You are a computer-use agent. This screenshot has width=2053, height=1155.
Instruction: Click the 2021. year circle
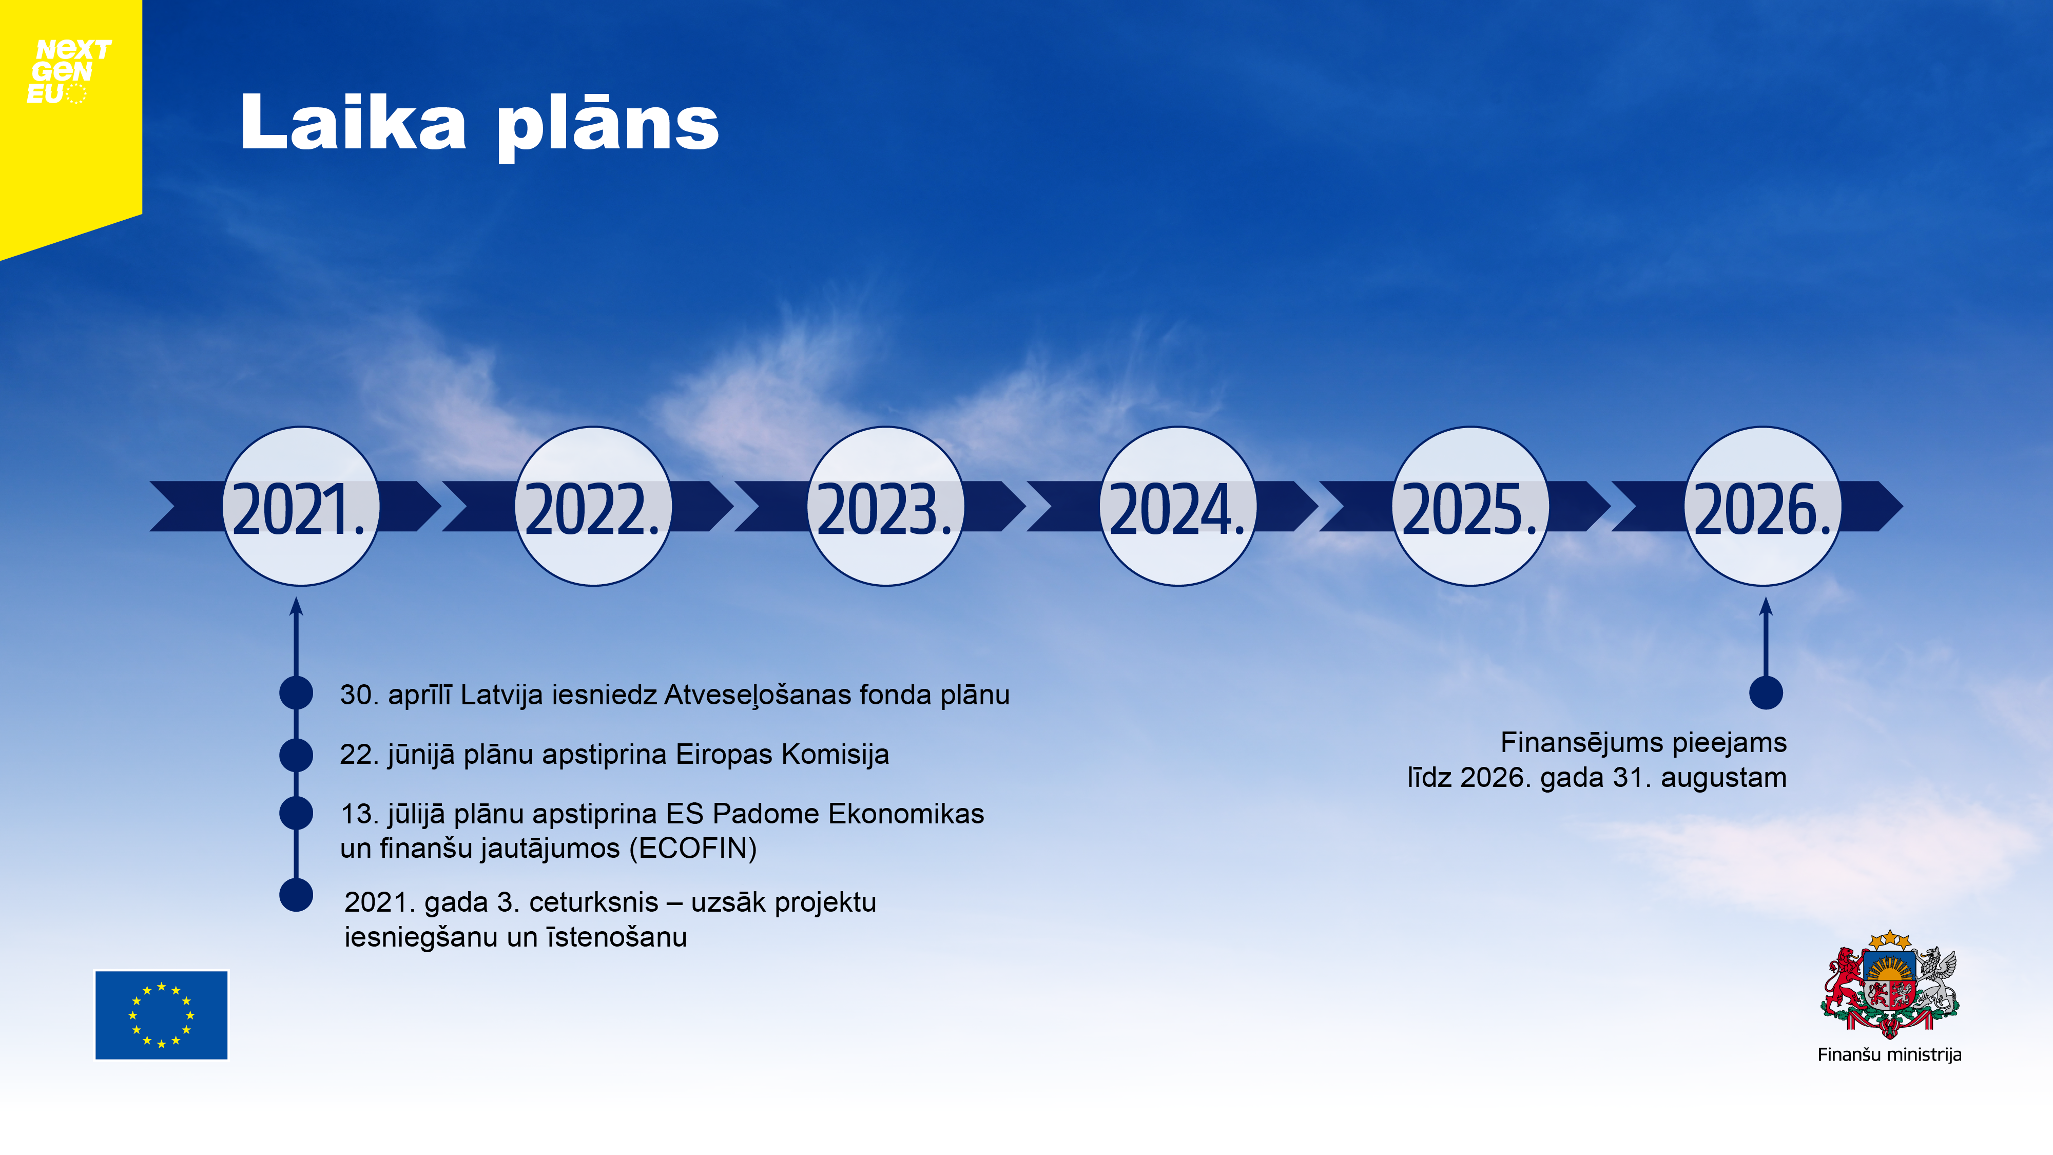click(x=300, y=506)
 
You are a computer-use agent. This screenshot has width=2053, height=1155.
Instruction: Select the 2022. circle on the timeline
click(x=593, y=506)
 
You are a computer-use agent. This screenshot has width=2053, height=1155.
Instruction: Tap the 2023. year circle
click(x=885, y=506)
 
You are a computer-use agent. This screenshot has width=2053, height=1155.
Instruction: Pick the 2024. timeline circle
click(x=1178, y=506)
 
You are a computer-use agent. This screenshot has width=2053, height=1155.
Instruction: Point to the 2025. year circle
click(x=1470, y=506)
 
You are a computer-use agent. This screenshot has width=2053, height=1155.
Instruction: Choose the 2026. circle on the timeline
click(x=1763, y=506)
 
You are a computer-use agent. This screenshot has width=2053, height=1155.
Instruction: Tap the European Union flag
click(x=161, y=1015)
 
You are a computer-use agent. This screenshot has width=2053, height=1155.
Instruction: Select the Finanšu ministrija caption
click(x=1889, y=1054)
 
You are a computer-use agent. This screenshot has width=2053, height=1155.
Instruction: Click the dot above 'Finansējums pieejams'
click(x=1766, y=692)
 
